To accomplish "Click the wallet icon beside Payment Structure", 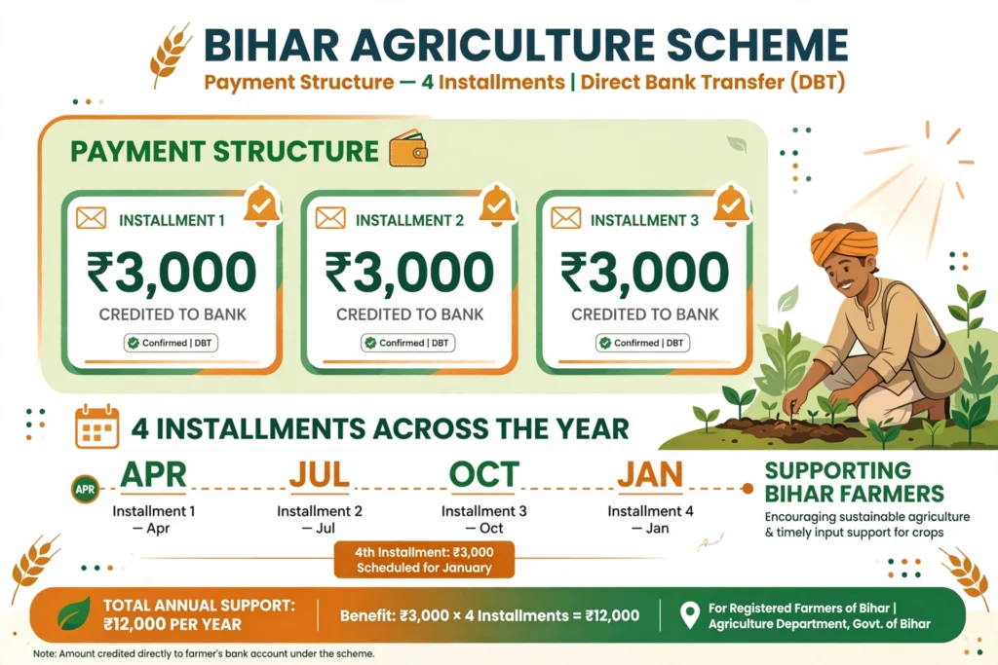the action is coord(408,148).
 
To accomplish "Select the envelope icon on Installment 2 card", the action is coord(330,218).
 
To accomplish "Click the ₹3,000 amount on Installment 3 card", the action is coord(644,272).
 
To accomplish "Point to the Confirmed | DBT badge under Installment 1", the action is coord(172,343).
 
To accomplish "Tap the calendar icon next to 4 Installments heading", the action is coord(96,426).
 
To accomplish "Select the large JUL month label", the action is coord(320,474).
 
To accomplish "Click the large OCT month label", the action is coord(483,474).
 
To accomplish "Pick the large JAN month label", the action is coord(650,474).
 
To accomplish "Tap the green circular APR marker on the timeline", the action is coord(85,490).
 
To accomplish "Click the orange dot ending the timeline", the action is coord(748,488).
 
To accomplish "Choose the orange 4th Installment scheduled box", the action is coord(424,560).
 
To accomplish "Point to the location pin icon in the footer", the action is coord(690,615).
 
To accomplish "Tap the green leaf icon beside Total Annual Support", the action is coord(74,614).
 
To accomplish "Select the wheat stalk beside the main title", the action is coord(170,55).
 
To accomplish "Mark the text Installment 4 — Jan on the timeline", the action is coord(650,519).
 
